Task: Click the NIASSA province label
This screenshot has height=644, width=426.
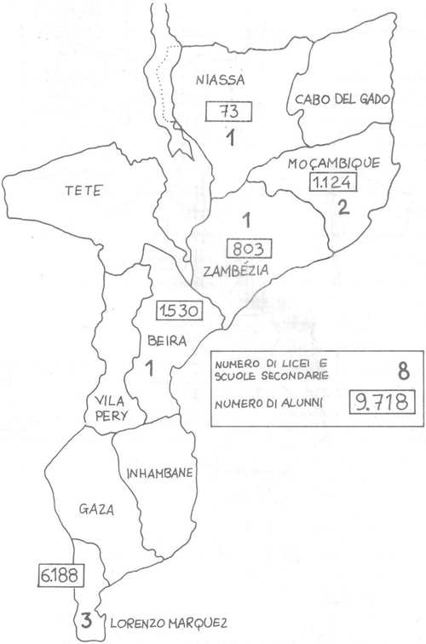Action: point(219,82)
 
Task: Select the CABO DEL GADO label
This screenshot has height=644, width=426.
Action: point(343,100)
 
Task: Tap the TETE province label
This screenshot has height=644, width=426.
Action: point(83,191)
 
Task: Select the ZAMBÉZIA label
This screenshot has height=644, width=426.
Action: point(238,272)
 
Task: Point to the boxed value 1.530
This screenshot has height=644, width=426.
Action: point(179,311)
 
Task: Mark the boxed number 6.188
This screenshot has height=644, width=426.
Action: point(59,575)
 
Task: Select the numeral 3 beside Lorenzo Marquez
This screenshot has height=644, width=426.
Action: point(87,620)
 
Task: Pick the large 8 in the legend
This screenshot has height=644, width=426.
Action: point(377,370)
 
